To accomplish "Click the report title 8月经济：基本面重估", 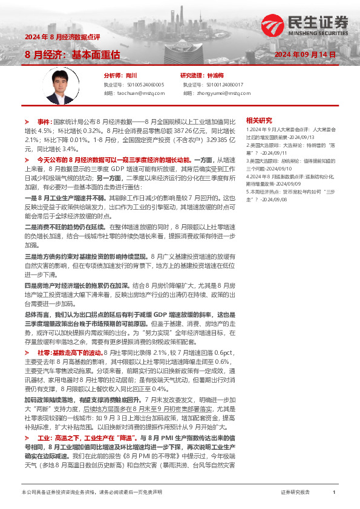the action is point(72,54).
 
